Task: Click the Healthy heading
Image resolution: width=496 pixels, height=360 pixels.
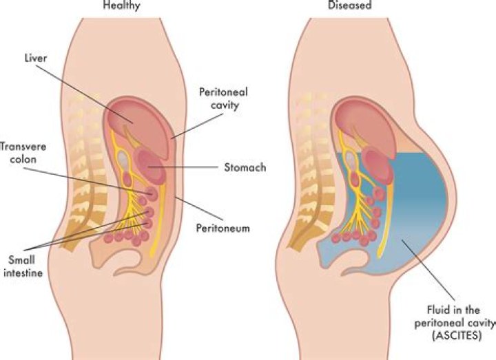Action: point(121,5)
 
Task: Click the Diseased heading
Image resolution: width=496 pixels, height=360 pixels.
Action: point(349,5)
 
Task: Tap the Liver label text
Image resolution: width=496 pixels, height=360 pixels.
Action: point(36,58)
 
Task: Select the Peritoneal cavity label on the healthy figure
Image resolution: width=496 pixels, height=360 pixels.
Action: point(223,98)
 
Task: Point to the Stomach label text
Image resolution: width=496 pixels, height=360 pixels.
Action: point(245,167)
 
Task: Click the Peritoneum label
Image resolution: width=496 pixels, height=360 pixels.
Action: point(223,229)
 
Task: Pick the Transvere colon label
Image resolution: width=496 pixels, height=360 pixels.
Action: point(23,153)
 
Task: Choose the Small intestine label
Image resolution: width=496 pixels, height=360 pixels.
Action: point(23,266)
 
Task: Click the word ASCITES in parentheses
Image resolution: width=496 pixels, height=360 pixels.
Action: point(457,335)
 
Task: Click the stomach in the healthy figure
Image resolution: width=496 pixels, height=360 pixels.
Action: point(151,166)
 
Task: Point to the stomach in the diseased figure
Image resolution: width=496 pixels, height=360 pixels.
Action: point(378,167)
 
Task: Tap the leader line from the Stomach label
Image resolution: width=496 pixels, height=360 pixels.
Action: point(183,167)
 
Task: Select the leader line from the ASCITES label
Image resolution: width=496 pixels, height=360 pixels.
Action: point(428,271)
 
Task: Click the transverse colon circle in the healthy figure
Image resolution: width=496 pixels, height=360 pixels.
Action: point(152,193)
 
